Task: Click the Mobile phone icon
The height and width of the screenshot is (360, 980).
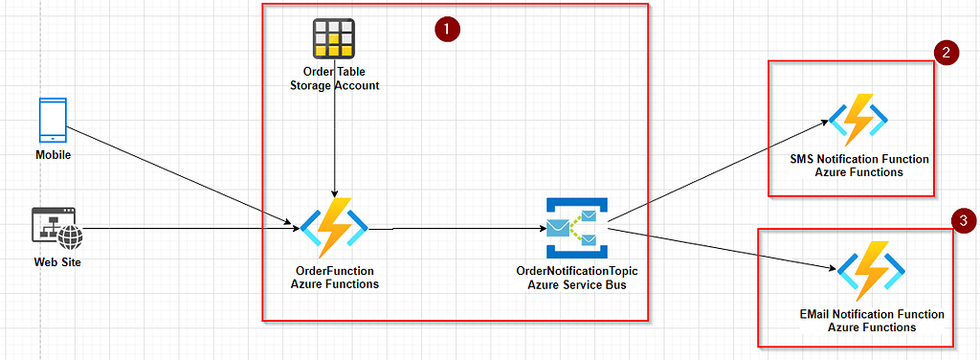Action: click(x=53, y=121)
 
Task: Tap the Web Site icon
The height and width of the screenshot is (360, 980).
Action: click(x=56, y=229)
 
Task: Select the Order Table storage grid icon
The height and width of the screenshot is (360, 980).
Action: click(x=334, y=38)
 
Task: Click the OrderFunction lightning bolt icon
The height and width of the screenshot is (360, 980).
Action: click(x=334, y=228)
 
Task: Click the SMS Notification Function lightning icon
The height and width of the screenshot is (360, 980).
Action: click(x=858, y=120)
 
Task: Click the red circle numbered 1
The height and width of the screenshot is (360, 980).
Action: click(x=447, y=30)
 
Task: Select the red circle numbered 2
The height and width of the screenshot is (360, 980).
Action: click(x=947, y=53)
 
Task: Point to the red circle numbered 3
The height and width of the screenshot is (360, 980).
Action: click(x=963, y=220)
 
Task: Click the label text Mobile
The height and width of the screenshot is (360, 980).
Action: click(x=54, y=155)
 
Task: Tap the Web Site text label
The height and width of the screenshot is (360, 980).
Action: click(x=57, y=262)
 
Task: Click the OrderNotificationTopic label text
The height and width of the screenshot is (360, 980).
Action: click(x=577, y=271)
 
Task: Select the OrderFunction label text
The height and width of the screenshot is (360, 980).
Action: click(x=334, y=271)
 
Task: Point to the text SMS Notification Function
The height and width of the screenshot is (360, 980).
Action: click(x=859, y=159)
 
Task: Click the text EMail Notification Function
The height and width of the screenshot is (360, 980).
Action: click(x=872, y=314)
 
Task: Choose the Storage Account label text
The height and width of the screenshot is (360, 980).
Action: click(x=334, y=85)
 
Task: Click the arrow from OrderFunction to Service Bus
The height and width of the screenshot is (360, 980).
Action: click(x=457, y=229)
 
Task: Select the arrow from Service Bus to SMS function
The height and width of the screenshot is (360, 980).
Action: click(x=718, y=170)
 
